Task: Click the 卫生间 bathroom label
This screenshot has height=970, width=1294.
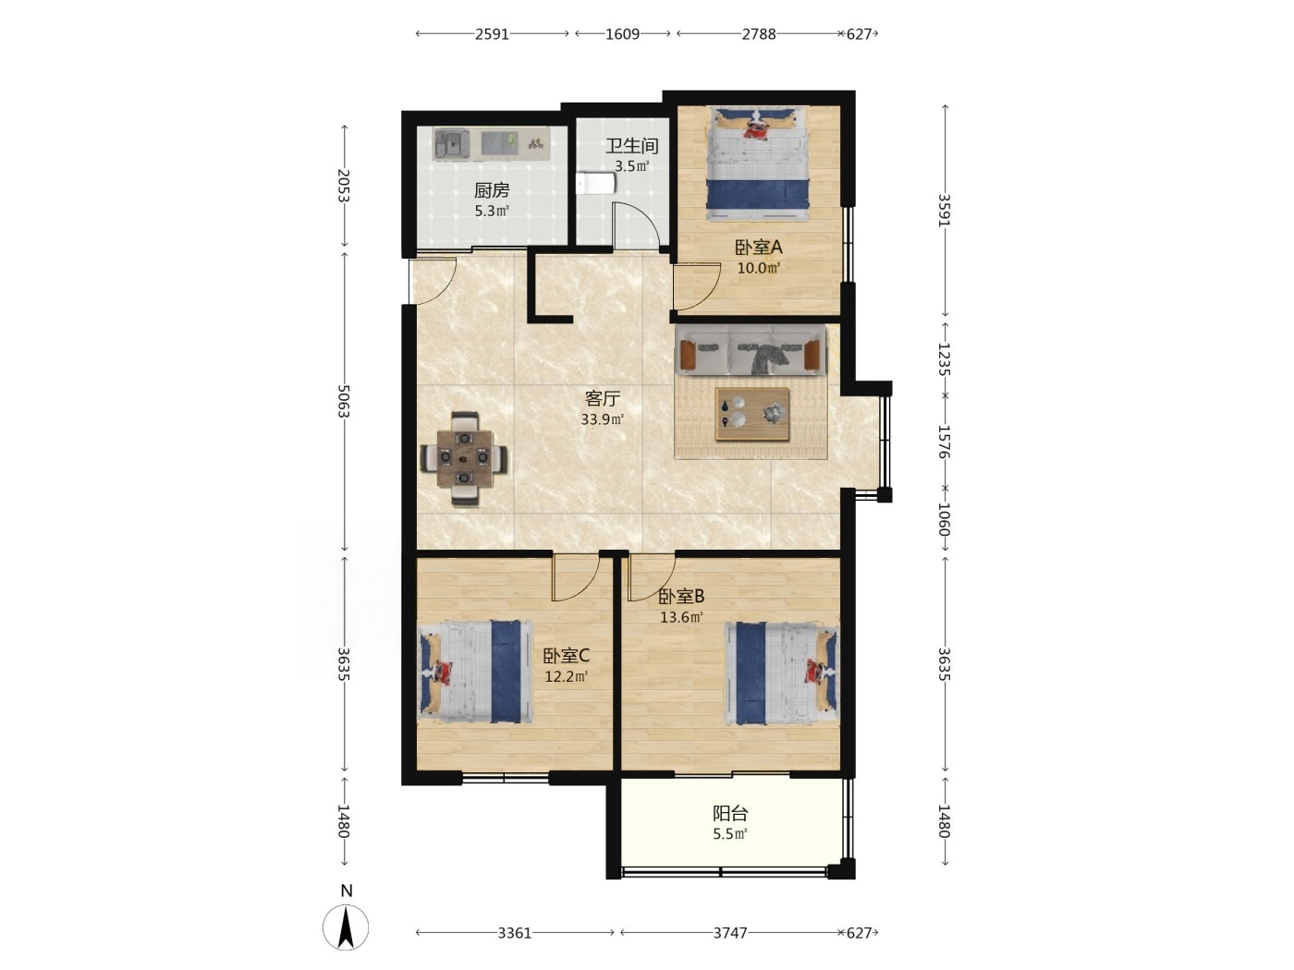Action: point(631,146)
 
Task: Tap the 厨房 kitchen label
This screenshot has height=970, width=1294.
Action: point(491,190)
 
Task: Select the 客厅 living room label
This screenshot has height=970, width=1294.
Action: point(602,399)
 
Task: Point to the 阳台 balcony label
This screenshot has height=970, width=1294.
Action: point(730,814)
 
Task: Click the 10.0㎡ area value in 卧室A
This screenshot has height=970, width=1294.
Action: point(758,269)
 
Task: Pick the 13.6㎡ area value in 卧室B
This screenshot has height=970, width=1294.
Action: point(681,618)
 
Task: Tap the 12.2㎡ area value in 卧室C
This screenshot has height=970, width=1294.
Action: point(566,677)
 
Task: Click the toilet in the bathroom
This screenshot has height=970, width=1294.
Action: point(595,184)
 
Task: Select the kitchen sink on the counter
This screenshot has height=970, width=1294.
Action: point(452,145)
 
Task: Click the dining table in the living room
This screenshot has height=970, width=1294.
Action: point(465,458)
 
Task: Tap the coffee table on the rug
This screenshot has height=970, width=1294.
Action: point(751,414)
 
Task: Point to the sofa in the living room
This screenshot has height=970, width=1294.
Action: point(750,350)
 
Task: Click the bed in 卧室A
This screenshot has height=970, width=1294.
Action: point(758,164)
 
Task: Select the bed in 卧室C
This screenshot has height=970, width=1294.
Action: point(475,672)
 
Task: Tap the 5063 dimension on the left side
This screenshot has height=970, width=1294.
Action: point(343,402)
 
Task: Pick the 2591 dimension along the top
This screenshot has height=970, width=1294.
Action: point(492,34)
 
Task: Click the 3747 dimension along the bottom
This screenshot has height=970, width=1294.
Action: point(730,933)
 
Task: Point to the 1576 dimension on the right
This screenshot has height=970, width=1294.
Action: point(944,442)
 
